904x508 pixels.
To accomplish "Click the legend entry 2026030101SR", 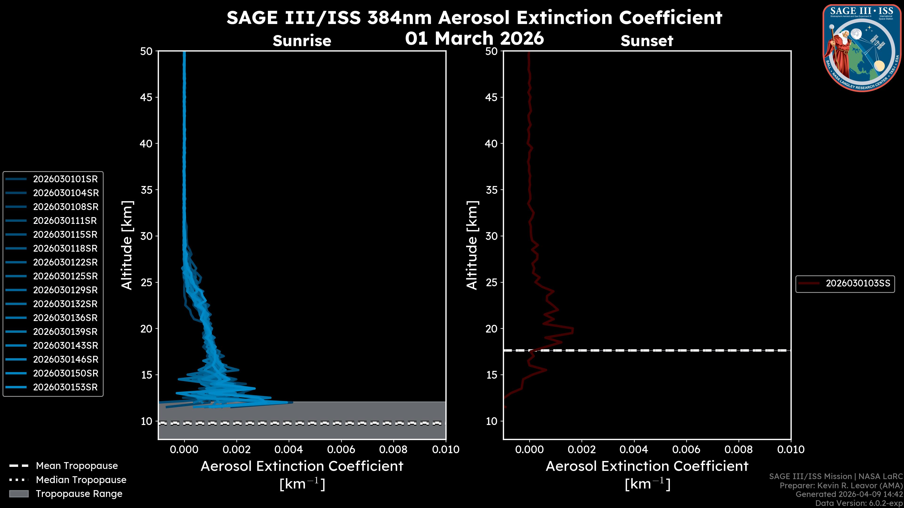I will [x=65, y=179].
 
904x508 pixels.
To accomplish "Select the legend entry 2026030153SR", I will [x=65, y=387].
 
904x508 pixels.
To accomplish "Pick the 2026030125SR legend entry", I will [x=65, y=276].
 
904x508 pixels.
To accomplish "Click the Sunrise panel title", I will [x=302, y=41].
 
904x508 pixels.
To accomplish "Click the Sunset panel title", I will [x=647, y=41].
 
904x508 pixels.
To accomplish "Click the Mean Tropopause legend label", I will [x=77, y=466].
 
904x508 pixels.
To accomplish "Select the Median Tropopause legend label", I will [x=81, y=480].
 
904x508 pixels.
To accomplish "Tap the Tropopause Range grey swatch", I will [x=19, y=494].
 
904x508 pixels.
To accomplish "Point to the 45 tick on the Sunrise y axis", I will [x=146, y=97].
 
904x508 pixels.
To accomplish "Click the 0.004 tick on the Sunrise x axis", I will [x=288, y=449].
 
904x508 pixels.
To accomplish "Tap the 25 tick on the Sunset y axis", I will [x=491, y=282].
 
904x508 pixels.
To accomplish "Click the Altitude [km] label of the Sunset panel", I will [x=472, y=245].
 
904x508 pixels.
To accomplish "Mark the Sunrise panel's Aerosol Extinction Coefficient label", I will [x=302, y=467].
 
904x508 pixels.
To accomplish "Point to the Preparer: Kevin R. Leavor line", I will [x=841, y=486].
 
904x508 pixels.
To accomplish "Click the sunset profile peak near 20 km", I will [x=573, y=330].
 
